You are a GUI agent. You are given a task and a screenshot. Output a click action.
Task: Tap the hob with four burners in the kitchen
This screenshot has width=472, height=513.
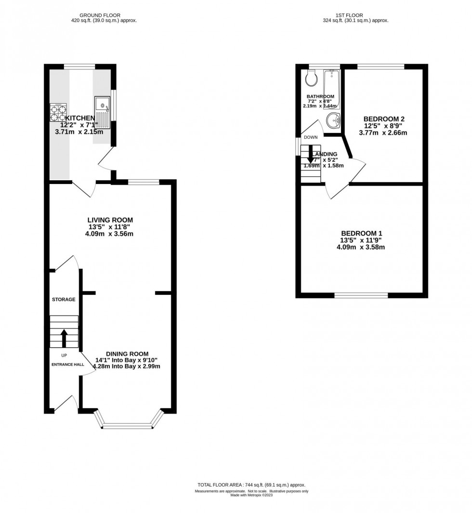click(58, 112)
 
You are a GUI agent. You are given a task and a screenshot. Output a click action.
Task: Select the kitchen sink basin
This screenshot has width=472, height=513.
click(102, 104)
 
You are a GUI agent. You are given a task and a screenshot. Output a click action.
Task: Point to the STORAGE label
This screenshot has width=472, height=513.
click(64, 300)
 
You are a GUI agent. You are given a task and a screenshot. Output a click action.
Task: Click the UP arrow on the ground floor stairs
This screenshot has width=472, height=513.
click(64, 337)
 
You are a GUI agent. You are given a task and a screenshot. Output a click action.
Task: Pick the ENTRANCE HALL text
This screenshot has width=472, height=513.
click(67, 365)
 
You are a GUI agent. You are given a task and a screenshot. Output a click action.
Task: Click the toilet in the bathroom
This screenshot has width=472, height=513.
click(311, 77)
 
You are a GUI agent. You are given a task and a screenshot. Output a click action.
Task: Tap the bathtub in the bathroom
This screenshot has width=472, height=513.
click(332, 88)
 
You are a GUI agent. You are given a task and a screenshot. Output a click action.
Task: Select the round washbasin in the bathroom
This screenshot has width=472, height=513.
click(333, 120)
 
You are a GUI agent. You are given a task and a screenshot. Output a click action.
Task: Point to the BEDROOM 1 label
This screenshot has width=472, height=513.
click(361, 233)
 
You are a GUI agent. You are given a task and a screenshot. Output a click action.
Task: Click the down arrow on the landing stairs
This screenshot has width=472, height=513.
click(311, 165)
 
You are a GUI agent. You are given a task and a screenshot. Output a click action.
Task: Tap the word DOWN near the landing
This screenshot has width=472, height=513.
click(311, 137)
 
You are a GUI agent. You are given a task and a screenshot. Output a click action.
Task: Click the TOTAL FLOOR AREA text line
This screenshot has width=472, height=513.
click(251, 485)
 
